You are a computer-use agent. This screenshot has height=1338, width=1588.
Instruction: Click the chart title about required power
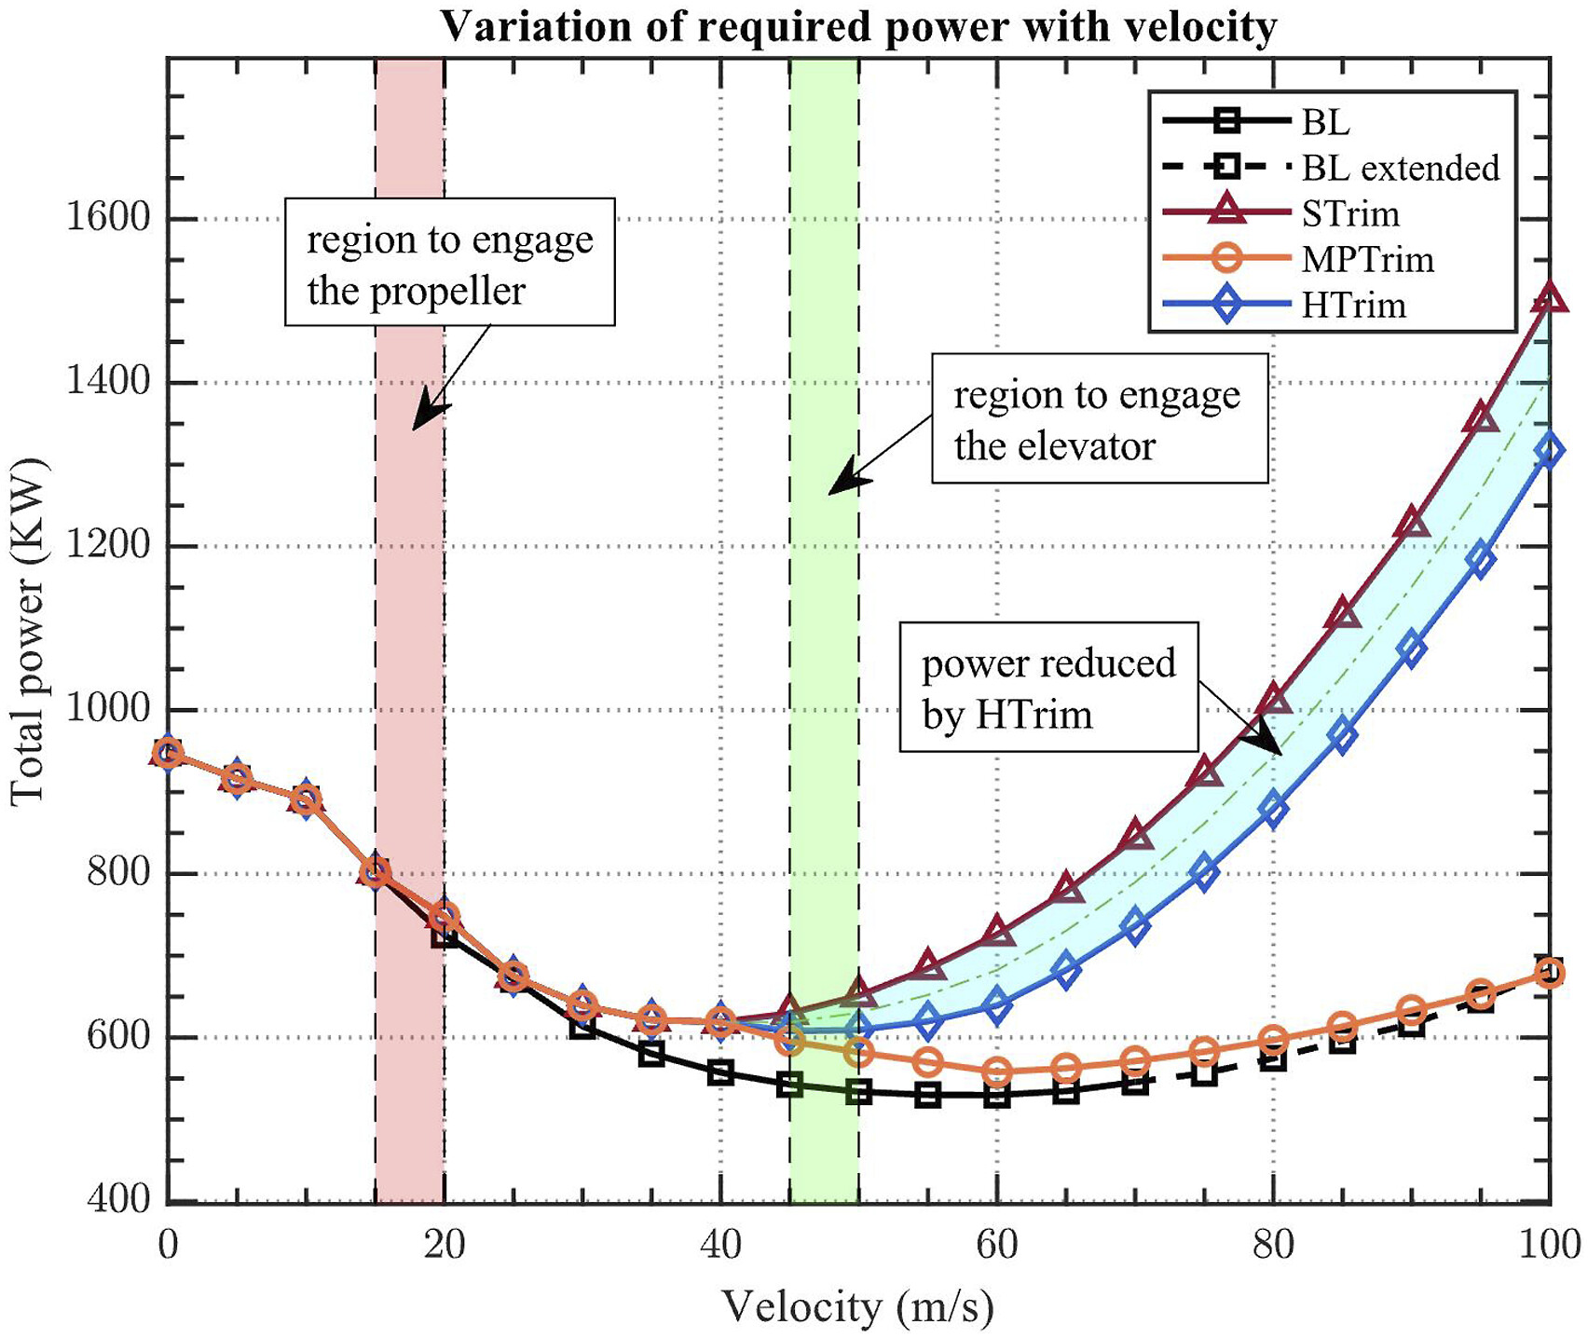(x=857, y=26)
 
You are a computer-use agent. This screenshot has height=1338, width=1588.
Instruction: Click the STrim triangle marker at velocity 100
(x=1549, y=298)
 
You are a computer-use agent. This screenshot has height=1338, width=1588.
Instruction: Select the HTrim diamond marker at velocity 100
(x=1549, y=452)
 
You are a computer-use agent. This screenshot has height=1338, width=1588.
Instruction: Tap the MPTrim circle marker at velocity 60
(x=997, y=1072)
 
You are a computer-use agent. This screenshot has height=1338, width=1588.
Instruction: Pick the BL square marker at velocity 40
(x=720, y=1073)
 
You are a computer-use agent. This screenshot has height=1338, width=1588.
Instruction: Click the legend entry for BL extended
(x=1400, y=168)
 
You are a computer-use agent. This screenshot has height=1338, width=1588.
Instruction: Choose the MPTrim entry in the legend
(x=1367, y=259)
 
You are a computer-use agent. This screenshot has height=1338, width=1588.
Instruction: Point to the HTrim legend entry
(x=1353, y=305)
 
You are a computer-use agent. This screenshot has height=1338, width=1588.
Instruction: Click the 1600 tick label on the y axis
(x=108, y=218)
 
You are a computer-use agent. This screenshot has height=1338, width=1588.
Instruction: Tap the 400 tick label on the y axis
(x=117, y=1199)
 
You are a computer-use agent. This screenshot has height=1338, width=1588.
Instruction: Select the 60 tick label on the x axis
(x=997, y=1245)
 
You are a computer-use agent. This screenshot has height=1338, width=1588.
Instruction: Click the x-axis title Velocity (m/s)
(x=857, y=1306)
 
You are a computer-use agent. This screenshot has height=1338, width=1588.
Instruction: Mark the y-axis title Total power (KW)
(x=28, y=631)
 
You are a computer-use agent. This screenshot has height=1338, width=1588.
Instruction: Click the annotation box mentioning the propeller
(x=449, y=262)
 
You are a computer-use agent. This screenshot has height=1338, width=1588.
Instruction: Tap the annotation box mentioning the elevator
(x=1100, y=418)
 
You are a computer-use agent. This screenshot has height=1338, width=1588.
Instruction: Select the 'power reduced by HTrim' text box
(x=1048, y=688)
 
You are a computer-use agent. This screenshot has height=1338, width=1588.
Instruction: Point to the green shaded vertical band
(x=825, y=745)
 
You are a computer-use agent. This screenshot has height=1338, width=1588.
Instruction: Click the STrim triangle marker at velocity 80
(x=1273, y=700)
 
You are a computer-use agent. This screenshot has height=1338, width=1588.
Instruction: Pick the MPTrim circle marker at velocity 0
(x=168, y=753)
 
